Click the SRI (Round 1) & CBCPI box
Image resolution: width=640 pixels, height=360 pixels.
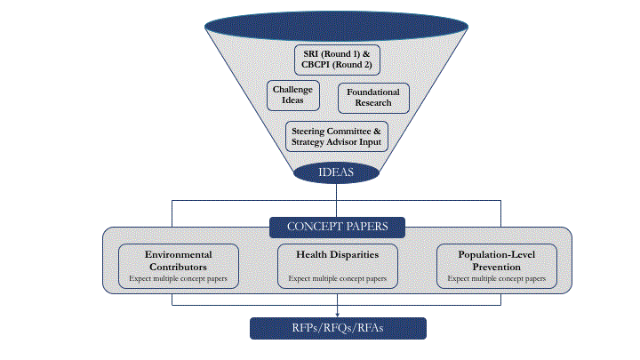coord(337,60)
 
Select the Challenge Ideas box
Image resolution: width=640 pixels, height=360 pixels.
coord(293,95)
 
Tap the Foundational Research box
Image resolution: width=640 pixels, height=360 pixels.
coord(373,98)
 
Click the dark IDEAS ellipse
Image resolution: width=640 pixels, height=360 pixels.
coord(337,172)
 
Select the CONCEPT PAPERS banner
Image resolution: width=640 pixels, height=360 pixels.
coord(337,228)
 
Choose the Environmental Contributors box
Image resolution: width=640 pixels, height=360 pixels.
coord(178,266)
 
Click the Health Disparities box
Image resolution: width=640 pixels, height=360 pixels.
coord(337,266)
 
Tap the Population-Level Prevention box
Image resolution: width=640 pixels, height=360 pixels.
coord(496,266)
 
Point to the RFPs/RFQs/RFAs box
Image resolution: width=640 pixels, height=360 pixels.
coord(338,328)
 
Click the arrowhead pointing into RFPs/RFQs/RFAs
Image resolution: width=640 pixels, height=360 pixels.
coord(338,313)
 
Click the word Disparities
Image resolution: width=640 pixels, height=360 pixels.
coord(355,255)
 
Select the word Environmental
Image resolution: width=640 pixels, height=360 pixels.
coord(178,254)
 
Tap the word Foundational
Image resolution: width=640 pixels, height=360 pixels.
coord(373,92)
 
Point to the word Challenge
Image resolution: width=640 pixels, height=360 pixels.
coord(293,90)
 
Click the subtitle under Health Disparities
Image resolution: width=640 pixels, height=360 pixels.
coord(337,278)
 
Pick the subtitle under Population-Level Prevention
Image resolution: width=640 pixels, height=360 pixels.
coord(496,278)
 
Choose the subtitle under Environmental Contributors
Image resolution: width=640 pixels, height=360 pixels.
coord(178,278)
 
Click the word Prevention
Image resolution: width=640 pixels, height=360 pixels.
coord(496,266)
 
